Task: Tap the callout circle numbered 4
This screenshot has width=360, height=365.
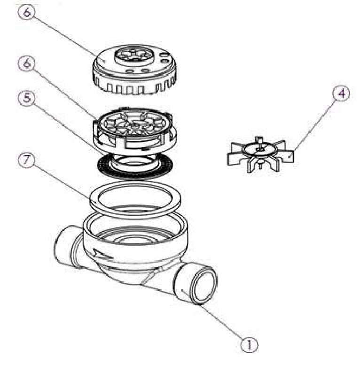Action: [341, 93]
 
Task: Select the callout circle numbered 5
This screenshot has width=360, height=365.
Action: [27, 97]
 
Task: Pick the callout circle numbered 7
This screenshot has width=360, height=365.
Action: [26, 160]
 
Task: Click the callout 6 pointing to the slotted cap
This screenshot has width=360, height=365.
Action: [27, 12]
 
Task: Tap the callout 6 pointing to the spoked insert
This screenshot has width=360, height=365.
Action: [27, 63]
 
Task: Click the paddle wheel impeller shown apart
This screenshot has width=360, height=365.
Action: [260, 154]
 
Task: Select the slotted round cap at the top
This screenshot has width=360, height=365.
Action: [134, 70]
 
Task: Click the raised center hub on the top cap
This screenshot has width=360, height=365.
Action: [134, 55]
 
